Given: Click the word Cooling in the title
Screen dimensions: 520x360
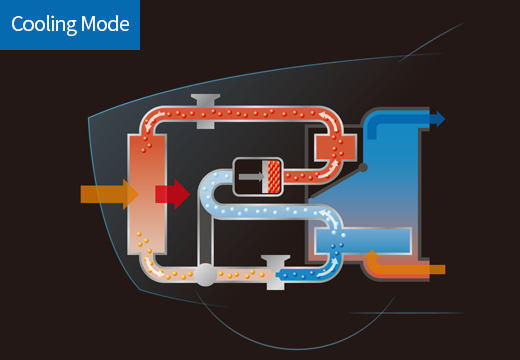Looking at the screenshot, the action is click(x=44, y=25).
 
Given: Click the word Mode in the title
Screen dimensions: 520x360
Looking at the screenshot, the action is click(x=105, y=24).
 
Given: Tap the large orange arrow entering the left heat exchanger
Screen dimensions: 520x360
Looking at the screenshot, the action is click(x=109, y=194).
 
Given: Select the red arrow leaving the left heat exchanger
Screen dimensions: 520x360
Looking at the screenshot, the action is click(x=172, y=194).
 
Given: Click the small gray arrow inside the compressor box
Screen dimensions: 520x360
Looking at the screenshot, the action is click(x=251, y=177).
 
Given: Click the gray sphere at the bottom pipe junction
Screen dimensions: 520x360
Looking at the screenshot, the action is click(x=205, y=274).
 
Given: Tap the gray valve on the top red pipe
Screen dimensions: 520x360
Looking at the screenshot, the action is click(x=205, y=111).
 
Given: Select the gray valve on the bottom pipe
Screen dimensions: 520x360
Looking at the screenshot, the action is click(x=275, y=272).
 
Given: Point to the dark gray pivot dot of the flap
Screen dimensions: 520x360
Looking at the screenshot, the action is click(x=363, y=167).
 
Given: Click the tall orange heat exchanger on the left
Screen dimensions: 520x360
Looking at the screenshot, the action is click(x=147, y=194).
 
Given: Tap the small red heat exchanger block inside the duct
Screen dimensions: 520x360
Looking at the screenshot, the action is click(x=335, y=148).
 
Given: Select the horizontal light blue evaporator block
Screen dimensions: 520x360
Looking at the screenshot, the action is click(x=363, y=240).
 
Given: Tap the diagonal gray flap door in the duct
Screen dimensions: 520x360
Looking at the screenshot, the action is click(x=336, y=183).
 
